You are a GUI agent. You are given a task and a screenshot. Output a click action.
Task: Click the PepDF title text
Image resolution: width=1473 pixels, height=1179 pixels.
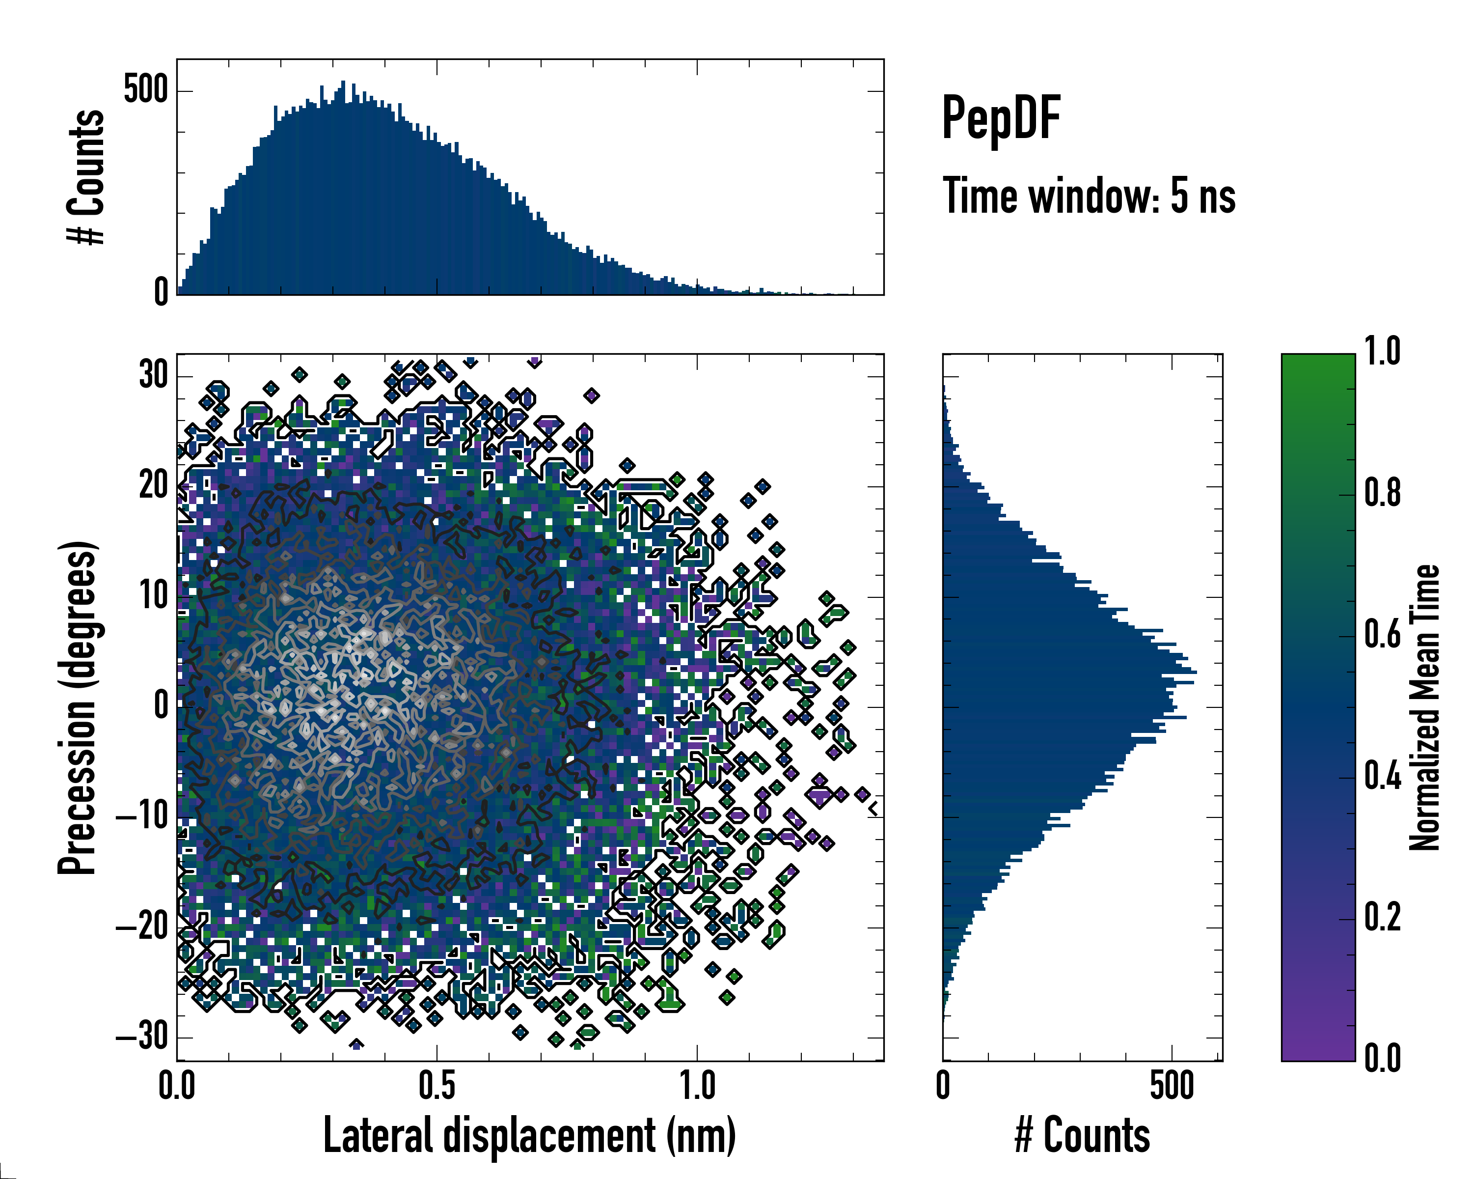point(1001,117)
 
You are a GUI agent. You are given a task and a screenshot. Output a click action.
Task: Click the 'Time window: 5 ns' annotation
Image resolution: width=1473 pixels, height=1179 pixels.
point(1089,196)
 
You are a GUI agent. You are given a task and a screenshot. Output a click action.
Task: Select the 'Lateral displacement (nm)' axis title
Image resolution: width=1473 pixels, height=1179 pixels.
point(529,1136)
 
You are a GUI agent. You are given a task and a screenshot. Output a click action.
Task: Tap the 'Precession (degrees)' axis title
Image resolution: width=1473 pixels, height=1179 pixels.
point(77,707)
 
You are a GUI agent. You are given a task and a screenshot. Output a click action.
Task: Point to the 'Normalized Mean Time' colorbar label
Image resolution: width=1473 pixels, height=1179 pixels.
point(1424,707)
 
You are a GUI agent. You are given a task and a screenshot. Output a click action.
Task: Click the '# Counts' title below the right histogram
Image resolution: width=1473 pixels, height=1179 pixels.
point(1082,1136)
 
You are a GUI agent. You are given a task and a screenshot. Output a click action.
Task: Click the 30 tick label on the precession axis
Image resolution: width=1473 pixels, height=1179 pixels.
point(154,375)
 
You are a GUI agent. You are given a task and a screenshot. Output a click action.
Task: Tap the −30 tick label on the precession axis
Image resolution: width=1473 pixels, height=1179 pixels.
point(142,1037)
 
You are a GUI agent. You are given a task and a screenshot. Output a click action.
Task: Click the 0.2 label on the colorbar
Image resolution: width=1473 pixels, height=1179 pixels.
point(1382,917)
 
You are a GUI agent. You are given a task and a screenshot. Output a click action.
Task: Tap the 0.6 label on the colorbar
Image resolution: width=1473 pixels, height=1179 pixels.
point(1382,634)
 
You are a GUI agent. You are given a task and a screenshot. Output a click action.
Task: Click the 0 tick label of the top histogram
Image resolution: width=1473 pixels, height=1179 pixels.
point(161,292)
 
